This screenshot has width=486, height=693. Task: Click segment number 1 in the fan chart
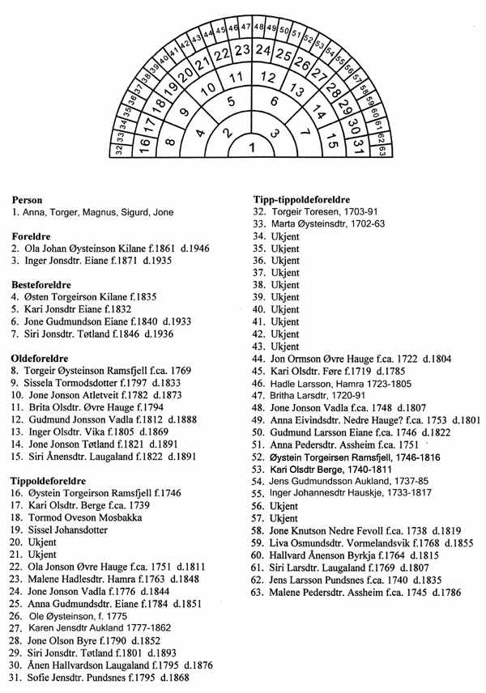tap(251, 147)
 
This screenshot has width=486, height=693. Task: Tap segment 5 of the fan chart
tap(229, 103)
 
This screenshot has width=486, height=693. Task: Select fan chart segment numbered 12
tap(268, 76)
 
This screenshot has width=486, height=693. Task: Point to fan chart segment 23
tap(242, 50)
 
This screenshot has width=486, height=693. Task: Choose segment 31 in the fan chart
tap(360, 145)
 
